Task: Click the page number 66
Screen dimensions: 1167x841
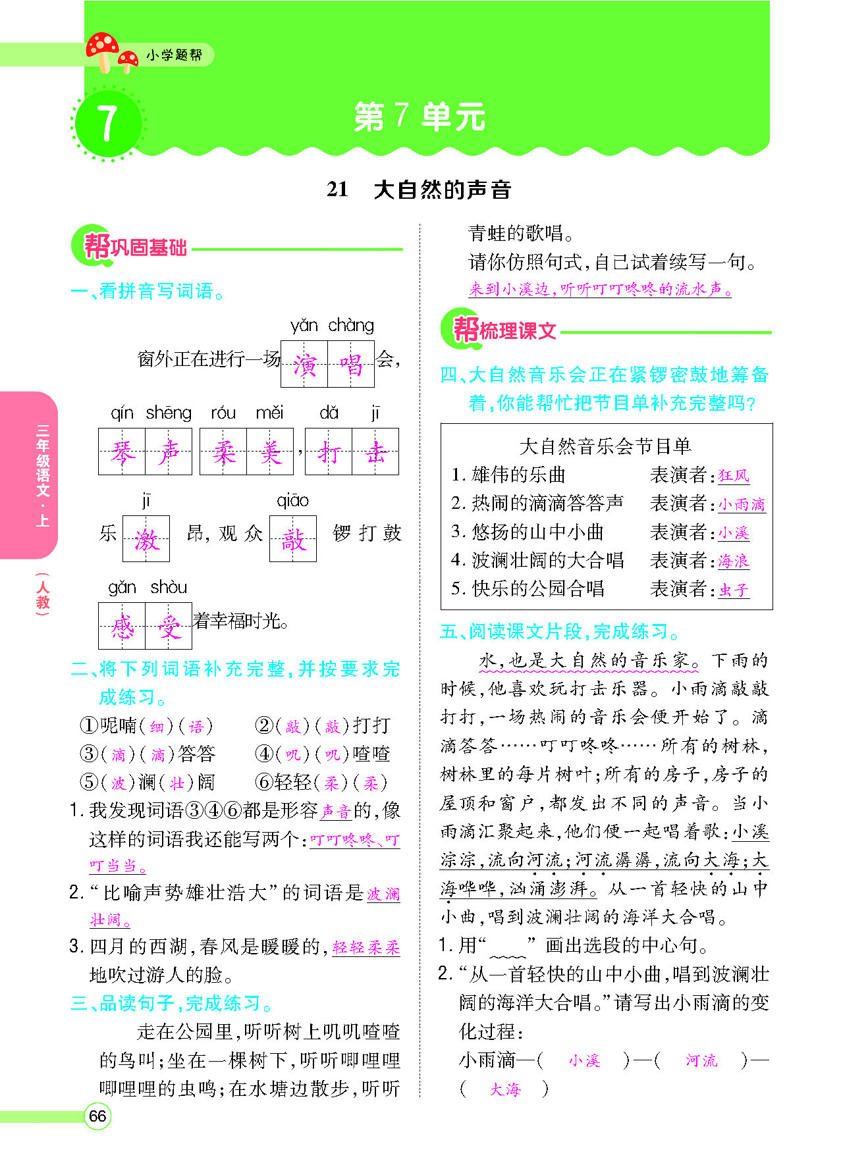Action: coord(97,1116)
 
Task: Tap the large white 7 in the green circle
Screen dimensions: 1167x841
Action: coord(107,124)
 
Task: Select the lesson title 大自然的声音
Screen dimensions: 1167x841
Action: coord(442,190)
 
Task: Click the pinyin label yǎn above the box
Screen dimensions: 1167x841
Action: coord(304,325)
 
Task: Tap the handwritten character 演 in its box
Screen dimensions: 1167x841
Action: coord(304,364)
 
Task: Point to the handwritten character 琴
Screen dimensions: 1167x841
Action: coord(122,452)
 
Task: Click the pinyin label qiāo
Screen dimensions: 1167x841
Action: coord(292,500)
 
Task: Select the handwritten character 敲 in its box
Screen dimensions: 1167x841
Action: coord(292,539)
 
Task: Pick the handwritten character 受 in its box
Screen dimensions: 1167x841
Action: coord(169,626)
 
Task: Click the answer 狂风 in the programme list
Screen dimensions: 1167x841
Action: coord(733,475)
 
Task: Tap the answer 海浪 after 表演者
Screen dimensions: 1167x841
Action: coord(733,561)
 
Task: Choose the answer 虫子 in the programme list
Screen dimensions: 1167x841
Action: coord(733,589)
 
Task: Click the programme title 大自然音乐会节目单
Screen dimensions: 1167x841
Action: coord(605,446)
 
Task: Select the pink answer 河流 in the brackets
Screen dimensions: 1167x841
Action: coord(701,1060)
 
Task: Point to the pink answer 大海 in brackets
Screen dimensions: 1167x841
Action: coord(505,1089)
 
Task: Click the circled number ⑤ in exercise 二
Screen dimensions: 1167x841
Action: coord(88,782)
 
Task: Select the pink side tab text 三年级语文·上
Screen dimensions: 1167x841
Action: coord(43,475)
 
